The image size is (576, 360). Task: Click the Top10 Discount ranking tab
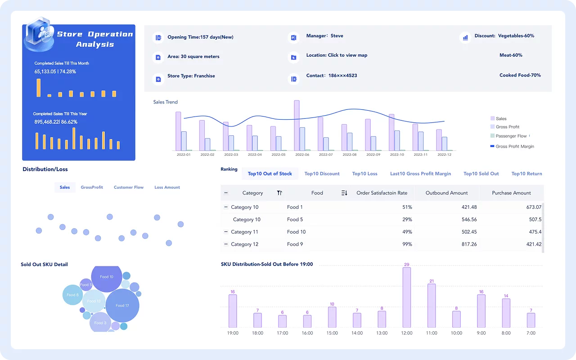(x=322, y=174)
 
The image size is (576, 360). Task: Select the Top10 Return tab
(x=526, y=174)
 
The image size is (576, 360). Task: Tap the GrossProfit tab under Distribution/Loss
(x=92, y=187)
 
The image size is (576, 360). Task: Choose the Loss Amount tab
(x=167, y=187)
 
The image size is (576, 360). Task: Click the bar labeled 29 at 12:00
(x=407, y=297)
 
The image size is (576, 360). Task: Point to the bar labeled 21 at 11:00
(x=432, y=306)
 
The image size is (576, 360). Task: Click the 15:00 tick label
(x=332, y=333)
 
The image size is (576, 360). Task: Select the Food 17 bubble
(x=122, y=306)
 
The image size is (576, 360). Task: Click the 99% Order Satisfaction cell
(x=407, y=244)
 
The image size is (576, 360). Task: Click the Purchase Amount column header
(x=511, y=193)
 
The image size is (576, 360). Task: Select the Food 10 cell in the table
(x=296, y=232)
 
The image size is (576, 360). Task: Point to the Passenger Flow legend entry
(x=511, y=136)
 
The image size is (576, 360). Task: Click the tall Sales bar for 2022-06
(x=297, y=126)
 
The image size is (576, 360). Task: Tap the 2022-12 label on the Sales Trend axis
(x=444, y=154)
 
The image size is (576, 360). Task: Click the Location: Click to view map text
(x=337, y=55)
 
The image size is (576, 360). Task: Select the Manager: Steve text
(x=324, y=36)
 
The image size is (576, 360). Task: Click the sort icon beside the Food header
(x=344, y=193)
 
